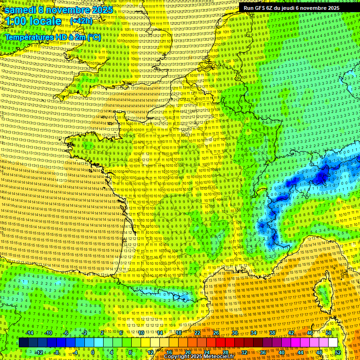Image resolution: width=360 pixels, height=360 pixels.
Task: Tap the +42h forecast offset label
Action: (x=81, y=21)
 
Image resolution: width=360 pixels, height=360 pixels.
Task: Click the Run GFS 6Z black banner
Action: (x=291, y=8)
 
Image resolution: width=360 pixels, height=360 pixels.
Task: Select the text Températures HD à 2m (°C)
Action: (x=52, y=37)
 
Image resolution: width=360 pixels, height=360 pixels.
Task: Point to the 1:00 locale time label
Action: (x=33, y=22)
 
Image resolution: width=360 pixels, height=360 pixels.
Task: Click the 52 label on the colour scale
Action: (x=337, y=352)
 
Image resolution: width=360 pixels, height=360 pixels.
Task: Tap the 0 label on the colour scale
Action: (x=92, y=352)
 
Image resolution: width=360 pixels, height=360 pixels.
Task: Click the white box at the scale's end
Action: (x=333, y=343)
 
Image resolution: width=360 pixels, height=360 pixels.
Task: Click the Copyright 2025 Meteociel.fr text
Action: (x=199, y=356)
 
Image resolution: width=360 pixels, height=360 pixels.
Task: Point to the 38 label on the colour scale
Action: (x=272, y=333)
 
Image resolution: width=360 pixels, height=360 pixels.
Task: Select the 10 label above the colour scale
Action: (x=141, y=333)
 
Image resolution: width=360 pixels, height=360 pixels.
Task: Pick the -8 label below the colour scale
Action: (x=56, y=352)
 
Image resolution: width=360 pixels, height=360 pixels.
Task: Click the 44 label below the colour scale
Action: (x=300, y=352)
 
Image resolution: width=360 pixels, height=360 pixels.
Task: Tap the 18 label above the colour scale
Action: (x=179, y=333)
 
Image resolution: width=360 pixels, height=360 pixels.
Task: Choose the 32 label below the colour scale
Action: (x=244, y=352)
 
